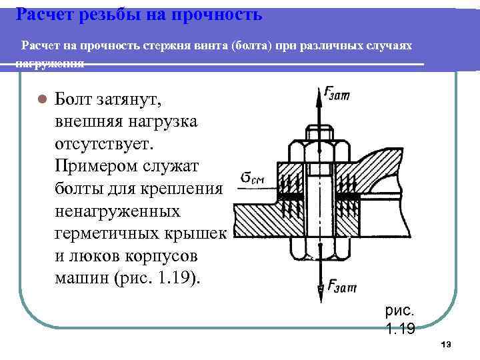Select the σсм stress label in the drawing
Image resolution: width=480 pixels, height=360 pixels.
[253, 179]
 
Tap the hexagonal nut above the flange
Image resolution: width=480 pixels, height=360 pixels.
[319, 149]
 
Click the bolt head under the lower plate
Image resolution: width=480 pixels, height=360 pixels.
[319, 249]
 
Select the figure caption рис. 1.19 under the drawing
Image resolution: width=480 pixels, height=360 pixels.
[400, 319]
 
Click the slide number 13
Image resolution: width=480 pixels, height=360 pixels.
[447, 344]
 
